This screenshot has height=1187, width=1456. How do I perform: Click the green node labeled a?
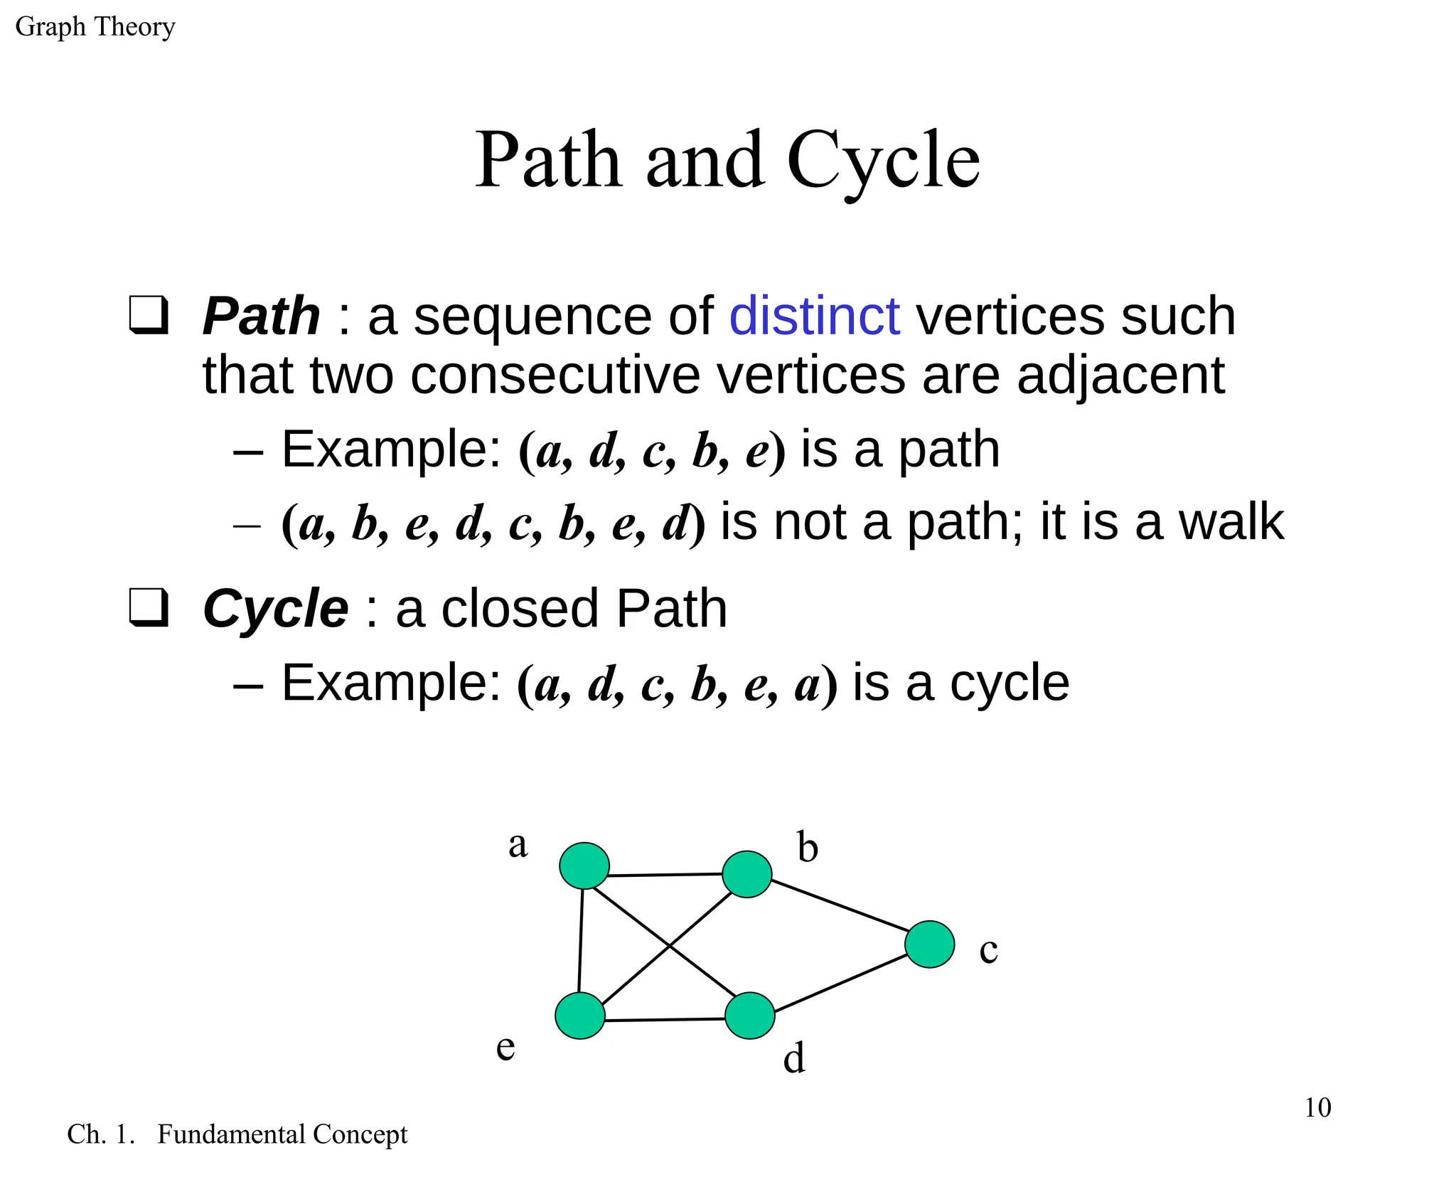pyautogui.click(x=584, y=866)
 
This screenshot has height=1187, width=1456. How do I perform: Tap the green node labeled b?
pyautogui.click(x=746, y=874)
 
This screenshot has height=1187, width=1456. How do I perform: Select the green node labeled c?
pyautogui.click(x=929, y=944)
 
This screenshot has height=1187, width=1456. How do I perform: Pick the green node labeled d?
pyautogui.click(x=749, y=1016)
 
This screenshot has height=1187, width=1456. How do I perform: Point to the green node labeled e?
pyautogui.click(x=580, y=1016)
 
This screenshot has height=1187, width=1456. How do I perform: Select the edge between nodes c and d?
pyautogui.click(x=839, y=984)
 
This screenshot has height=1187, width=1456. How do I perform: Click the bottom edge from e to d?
pyautogui.click(x=665, y=1020)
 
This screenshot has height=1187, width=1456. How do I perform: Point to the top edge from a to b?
pyautogui.click(x=665, y=875)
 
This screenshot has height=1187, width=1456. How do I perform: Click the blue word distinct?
pyautogui.click(x=814, y=316)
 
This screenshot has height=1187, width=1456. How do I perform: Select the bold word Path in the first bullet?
pyautogui.click(x=261, y=316)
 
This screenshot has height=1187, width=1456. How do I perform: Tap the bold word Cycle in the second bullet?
pyautogui.click(x=275, y=609)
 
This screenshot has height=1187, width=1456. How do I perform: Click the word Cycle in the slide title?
pyautogui.click(x=883, y=161)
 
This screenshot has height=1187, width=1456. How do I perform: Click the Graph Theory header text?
pyautogui.click(x=95, y=27)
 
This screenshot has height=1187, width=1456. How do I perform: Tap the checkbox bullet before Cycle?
pyautogui.click(x=149, y=608)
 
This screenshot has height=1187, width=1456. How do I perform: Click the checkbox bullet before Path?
pyautogui.click(x=149, y=315)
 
